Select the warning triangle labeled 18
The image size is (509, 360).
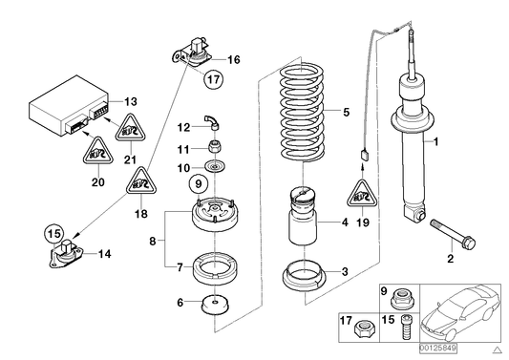140,180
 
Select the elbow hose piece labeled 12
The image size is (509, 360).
213,120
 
